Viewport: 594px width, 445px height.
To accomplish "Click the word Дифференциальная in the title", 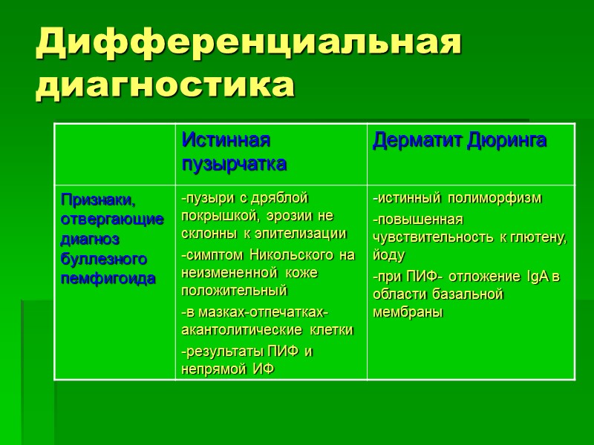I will (x=249, y=43).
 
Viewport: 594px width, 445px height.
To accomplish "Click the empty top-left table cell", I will (x=114, y=154).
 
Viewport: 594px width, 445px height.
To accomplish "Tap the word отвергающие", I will (x=111, y=220).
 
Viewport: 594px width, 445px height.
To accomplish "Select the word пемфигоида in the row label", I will (x=108, y=279).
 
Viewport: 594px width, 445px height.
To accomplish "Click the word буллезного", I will (x=104, y=259).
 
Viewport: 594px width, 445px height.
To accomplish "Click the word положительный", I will (x=234, y=291).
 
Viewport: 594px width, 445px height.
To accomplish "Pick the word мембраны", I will (x=408, y=312).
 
